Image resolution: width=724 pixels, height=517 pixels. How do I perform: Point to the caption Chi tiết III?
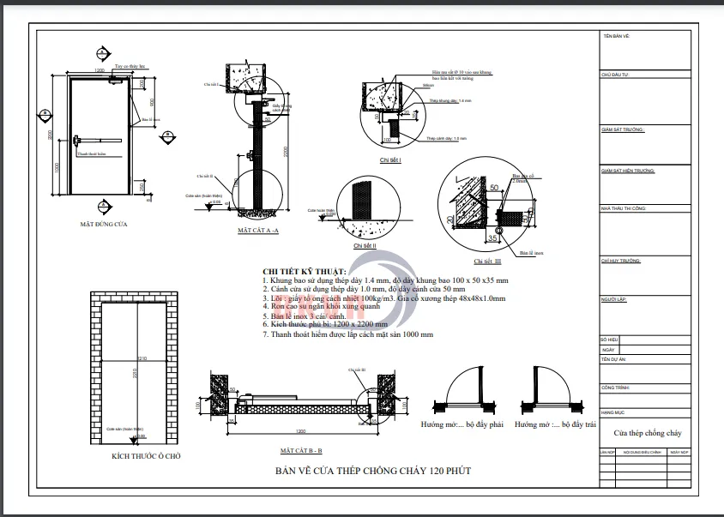pyautogui.click(x=487, y=261)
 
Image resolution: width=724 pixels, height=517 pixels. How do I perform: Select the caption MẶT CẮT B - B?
pyautogui.click(x=300, y=450)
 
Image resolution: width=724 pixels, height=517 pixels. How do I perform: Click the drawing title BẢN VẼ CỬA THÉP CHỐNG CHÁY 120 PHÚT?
pyautogui.click(x=372, y=471)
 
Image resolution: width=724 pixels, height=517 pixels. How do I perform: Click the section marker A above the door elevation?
pyautogui.click(x=101, y=51)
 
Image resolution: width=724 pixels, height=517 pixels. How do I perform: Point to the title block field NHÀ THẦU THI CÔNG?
pyautogui.click(x=624, y=208)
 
